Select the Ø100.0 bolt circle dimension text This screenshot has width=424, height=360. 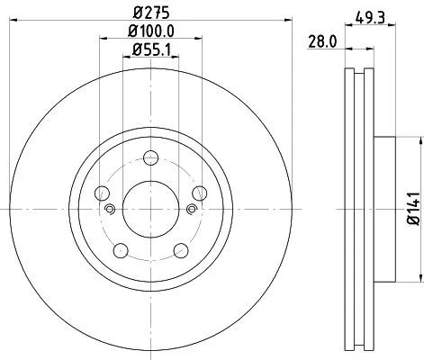coord(149,33)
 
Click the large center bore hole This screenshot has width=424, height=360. coord(149,208)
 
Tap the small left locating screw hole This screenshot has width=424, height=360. coord(110,211)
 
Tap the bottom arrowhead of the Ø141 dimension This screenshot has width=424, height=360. coord(420,276)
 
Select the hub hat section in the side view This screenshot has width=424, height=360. coord(385,208)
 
